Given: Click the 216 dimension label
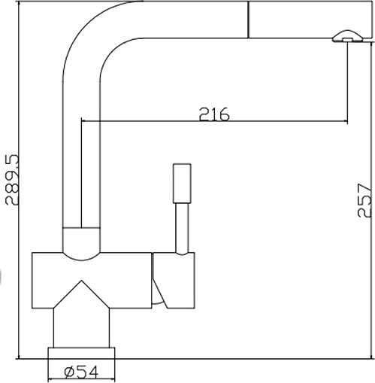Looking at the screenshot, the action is [214, 114].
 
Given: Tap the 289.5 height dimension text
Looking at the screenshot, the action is [12, 180].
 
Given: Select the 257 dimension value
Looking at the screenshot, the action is [364, 201].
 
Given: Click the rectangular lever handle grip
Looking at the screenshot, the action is [182, 184].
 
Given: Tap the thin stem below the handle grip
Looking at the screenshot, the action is [182, 228].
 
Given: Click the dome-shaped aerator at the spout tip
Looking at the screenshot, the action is [347, 36].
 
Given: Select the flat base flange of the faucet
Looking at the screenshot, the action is [81, 353].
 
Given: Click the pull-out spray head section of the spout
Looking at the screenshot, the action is [310, 20].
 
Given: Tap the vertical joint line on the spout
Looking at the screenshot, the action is [248, 20].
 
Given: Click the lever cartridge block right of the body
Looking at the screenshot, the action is [174, 280].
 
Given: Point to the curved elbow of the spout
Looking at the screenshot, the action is [100, 38].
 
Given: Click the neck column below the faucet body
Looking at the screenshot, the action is [81, 328].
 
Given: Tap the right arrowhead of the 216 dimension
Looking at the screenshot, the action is [346, 122].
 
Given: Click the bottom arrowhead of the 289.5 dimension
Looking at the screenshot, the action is [19, 357].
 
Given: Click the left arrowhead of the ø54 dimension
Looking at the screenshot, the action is [50, 378].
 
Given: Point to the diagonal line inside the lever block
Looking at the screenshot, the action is [159, 293].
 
